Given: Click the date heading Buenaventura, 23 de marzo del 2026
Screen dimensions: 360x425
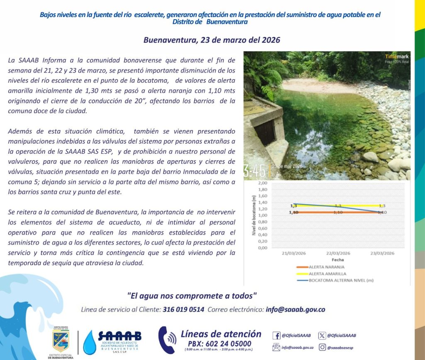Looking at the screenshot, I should click(212, 40).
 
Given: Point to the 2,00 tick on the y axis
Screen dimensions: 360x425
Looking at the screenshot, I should click(262, 183).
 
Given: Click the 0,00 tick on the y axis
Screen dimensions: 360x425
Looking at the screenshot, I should click(262, 248).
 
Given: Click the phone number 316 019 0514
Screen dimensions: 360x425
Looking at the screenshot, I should click(183, 309).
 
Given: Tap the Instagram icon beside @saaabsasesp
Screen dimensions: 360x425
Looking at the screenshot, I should click(322, 347).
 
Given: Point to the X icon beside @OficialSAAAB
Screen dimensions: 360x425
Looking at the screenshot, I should click(322, 336).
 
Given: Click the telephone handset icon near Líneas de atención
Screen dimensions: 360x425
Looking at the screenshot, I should click(167, 340).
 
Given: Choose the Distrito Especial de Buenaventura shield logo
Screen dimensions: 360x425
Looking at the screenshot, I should click(61, 341).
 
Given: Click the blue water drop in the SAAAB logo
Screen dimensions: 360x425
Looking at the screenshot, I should click(90, 343).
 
